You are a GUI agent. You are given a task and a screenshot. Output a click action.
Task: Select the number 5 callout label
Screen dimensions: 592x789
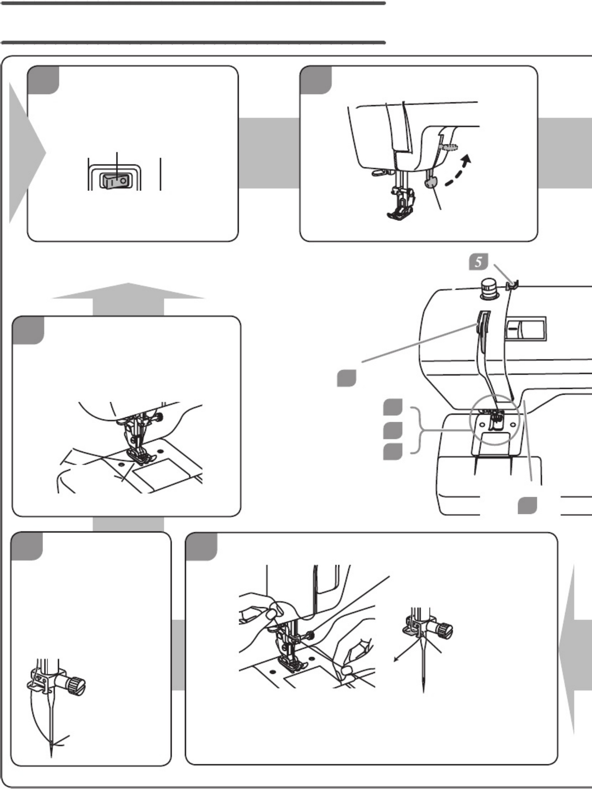478,262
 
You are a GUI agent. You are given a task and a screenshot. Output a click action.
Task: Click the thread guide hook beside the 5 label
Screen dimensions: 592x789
512,286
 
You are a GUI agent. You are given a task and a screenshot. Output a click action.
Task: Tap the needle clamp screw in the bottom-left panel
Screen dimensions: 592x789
76,684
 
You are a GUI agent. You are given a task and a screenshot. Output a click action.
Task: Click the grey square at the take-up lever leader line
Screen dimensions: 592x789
346,379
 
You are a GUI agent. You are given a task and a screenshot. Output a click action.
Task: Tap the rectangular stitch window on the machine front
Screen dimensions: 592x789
525,328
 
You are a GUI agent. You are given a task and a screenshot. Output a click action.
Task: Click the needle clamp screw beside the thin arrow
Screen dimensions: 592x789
443,631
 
